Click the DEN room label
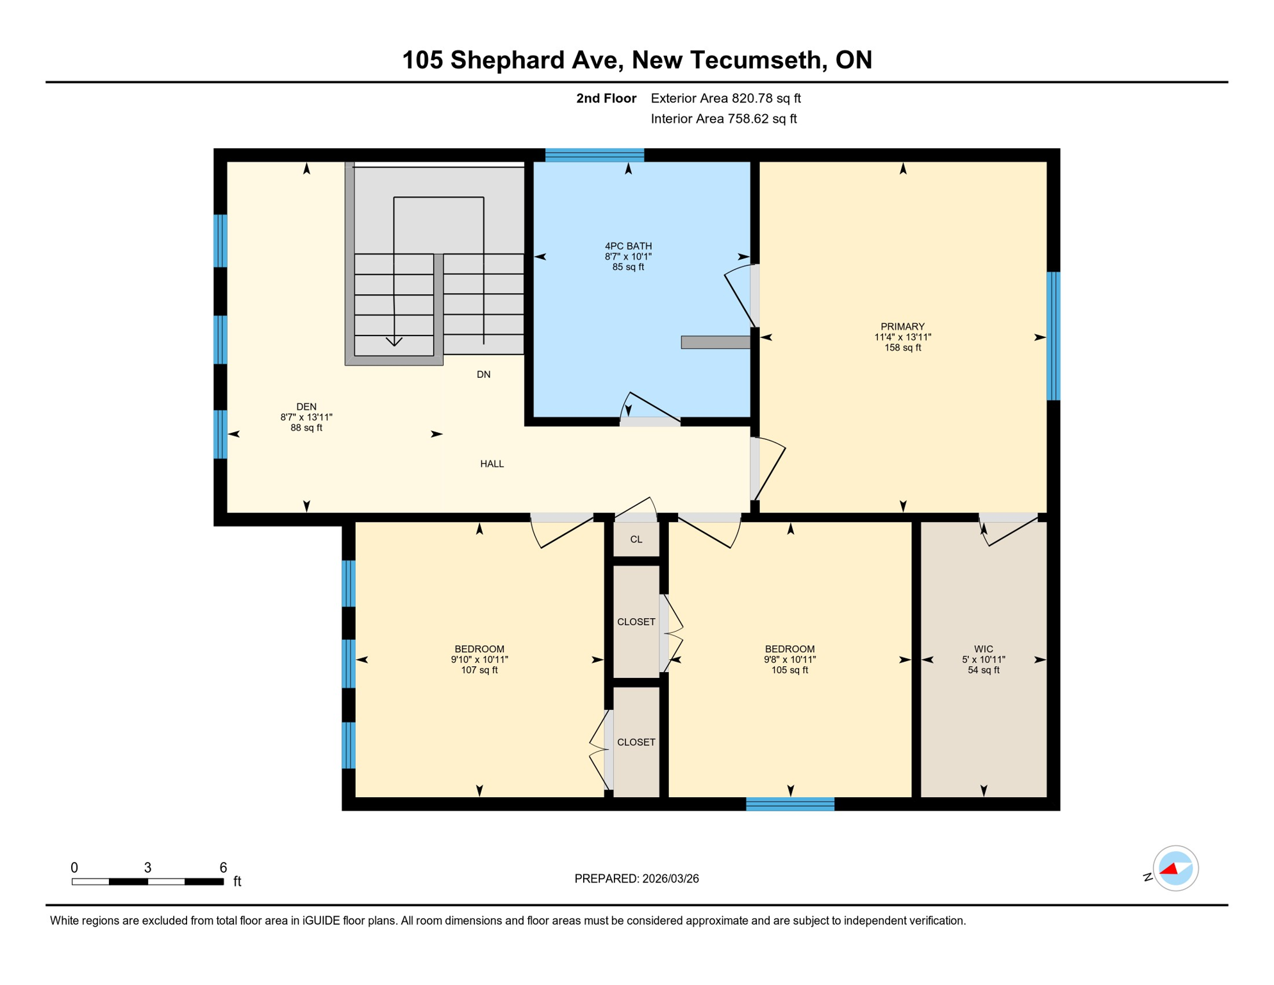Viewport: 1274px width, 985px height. [x=306, y=407]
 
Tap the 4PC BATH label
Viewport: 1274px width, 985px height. [x=628, y=246]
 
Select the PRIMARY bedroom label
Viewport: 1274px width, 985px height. [x=902, y=326]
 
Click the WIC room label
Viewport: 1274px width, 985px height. [x=983, y=649]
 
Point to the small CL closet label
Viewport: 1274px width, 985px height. [x=636, y=539]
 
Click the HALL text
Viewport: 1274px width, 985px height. [x=492, y=464]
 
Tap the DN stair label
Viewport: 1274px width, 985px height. [x=483, y=375]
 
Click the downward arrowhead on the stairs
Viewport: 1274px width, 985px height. [x=394, y=341]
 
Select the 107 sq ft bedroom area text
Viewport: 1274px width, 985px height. [x=479, y=670]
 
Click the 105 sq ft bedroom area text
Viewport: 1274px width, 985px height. [x=790, y=670]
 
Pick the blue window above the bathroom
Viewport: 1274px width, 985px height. [x=594, y=155]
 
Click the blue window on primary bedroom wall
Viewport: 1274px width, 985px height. [x=1053, y=336]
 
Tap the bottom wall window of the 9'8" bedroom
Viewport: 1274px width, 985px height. [x=790, y=804]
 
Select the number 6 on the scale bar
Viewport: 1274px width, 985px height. [x=223, y=868]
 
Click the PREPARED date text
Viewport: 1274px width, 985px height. [x=636, y=879]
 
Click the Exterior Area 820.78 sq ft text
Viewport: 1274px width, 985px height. [x=725, y=98]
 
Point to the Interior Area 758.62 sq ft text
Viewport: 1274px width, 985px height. [x=724, y=119]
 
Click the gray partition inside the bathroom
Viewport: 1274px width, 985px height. [x=715, y=342]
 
